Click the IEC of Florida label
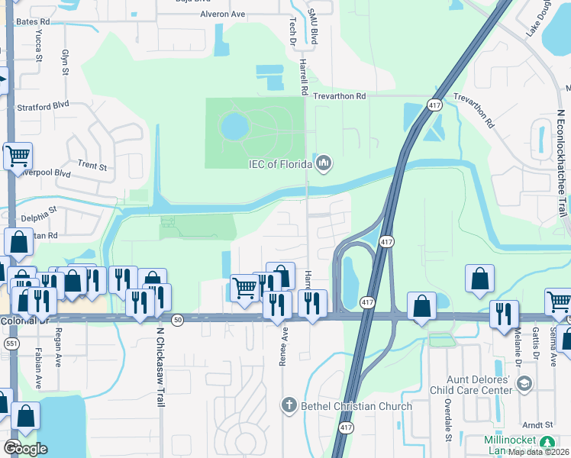(279, 164)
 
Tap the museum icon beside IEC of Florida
(324, 163)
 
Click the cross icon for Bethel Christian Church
(289, 405)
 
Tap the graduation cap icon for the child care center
(524, 385)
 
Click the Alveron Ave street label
(222, 14)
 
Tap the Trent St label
(92, 165)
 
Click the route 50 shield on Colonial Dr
(178, 319)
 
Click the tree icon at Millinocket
(547, 443)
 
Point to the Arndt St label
(538, 424)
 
